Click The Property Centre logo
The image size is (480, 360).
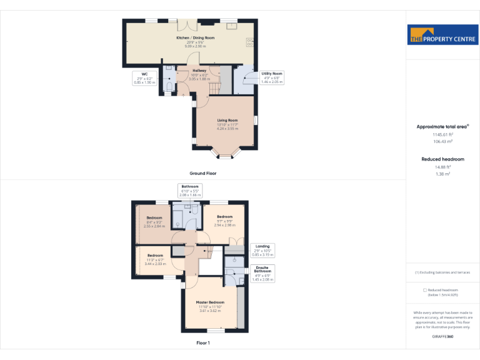pos(442,36)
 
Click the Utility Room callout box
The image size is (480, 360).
pos(272,77)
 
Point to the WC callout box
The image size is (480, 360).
pos(144,77)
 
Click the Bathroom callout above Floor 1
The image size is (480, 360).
pos(190,191)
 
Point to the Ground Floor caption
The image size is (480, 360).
pos(203,173)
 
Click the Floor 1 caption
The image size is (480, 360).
pos(203,343)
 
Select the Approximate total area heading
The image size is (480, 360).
pos(442,127)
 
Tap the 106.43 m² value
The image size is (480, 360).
pos(442,141)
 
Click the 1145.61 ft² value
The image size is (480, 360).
pos(442,134)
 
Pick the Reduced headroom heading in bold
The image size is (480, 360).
pos(442,159)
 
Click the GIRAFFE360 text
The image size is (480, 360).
pos(442,337)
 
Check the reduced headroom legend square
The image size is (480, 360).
pos(425,290)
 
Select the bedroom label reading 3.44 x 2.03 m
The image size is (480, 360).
pos(155,259)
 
